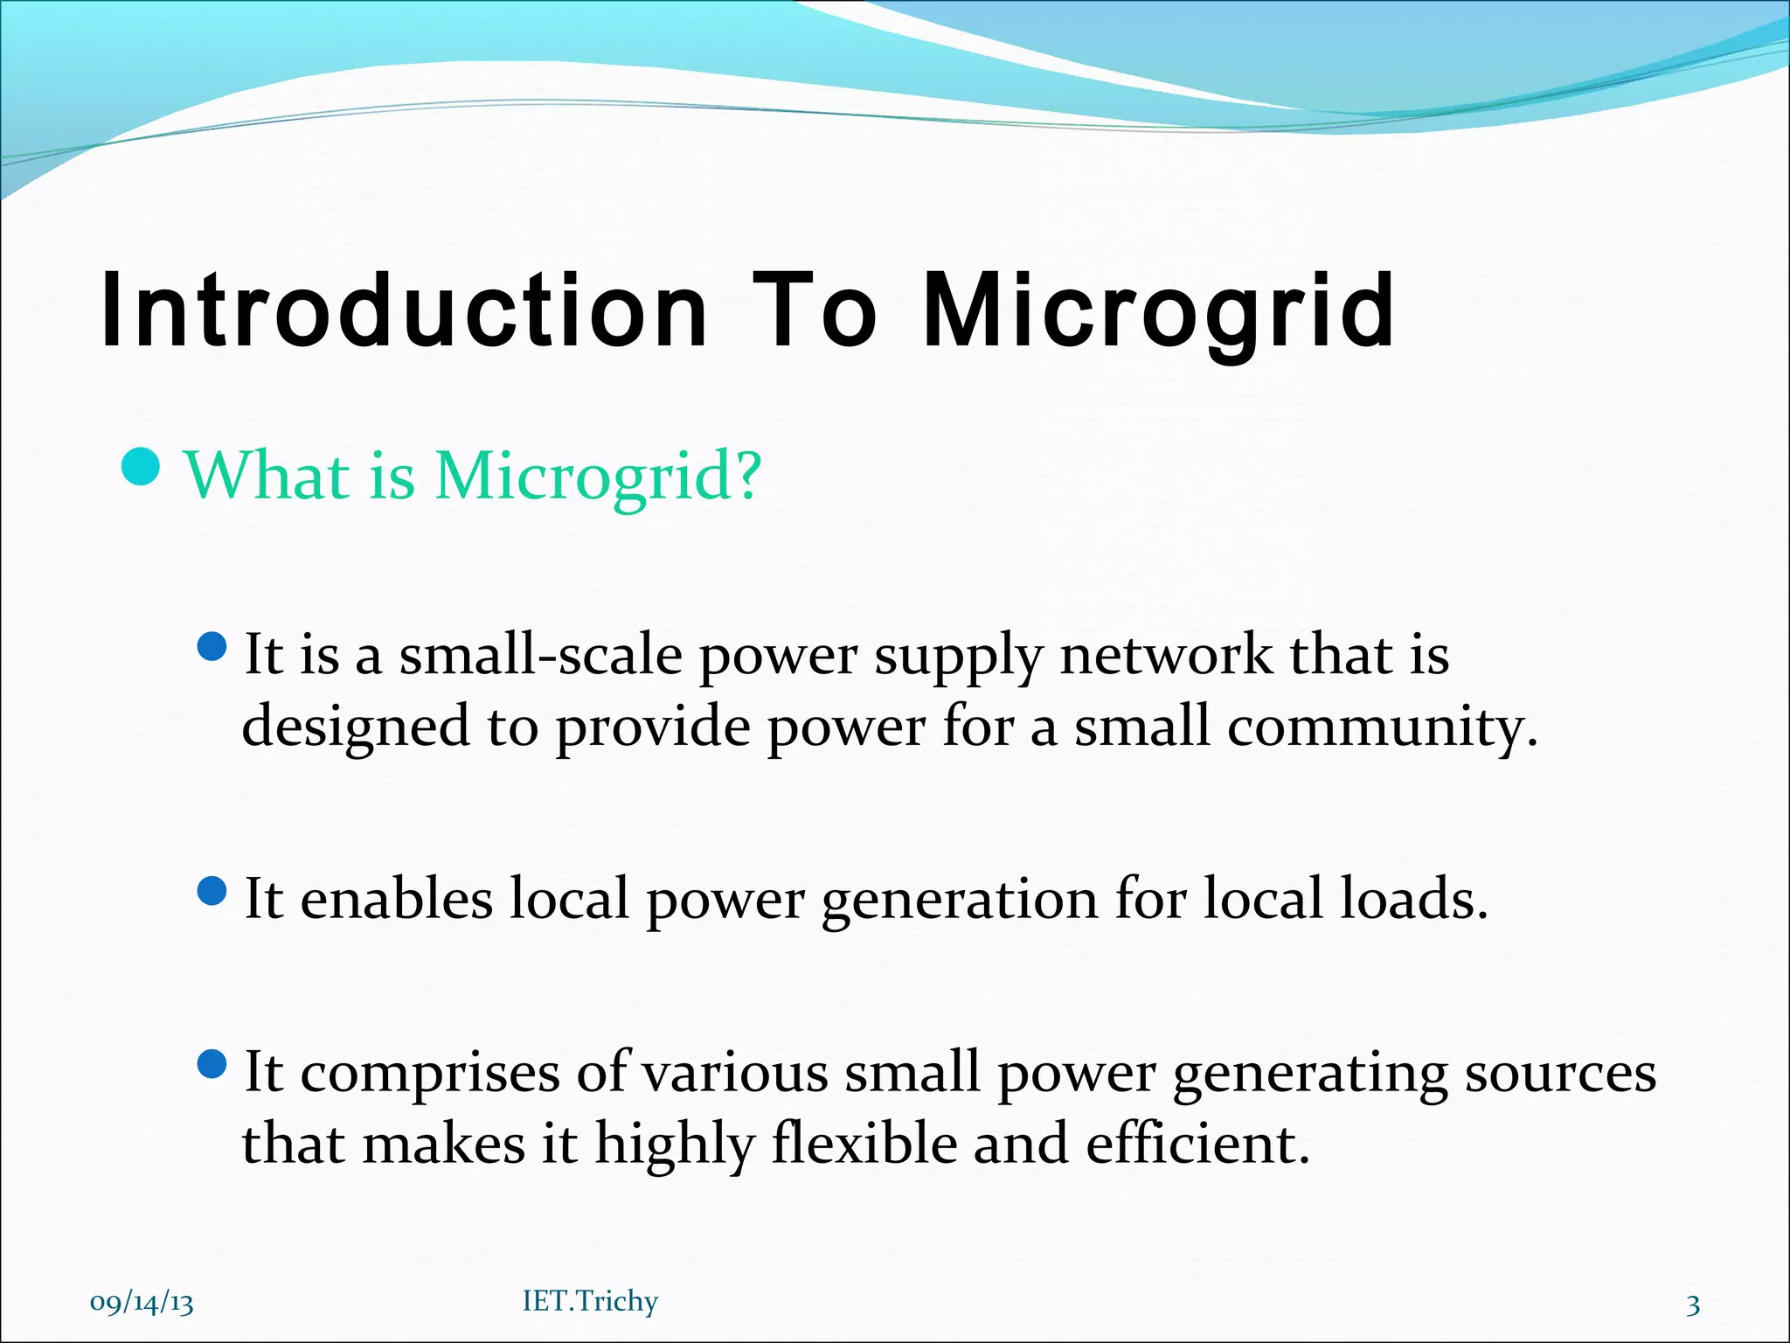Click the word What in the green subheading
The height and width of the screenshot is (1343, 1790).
267,477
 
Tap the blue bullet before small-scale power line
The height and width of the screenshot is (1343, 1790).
212,648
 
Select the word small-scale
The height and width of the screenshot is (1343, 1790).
540,656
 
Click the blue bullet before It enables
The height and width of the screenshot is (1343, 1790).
212,892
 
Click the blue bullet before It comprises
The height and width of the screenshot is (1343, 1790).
212,1064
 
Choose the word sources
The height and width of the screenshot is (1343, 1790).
1560,1074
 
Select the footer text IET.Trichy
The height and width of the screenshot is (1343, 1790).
590,1301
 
